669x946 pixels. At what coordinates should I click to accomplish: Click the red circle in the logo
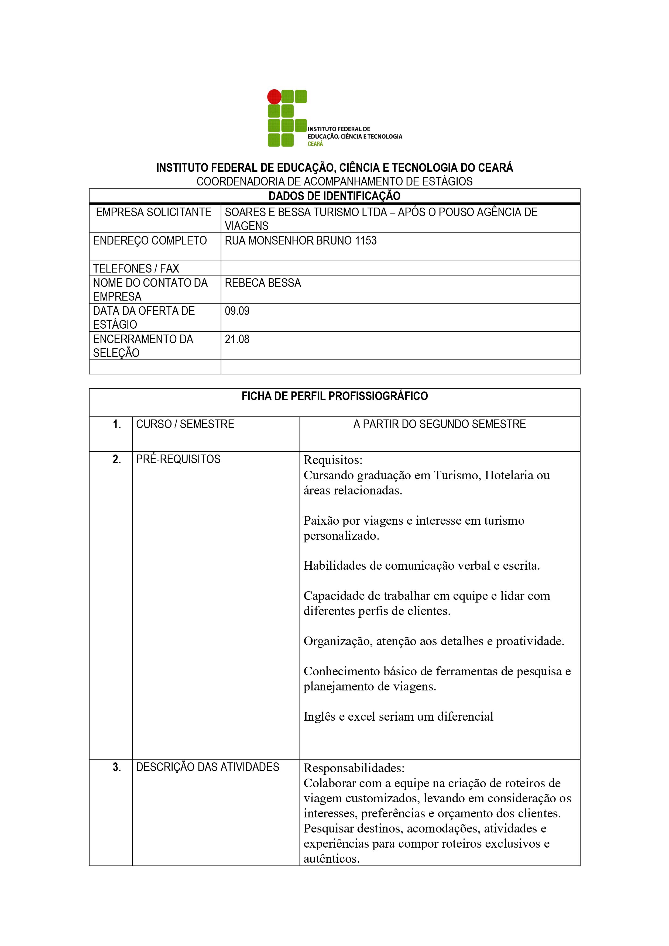click(274, 97)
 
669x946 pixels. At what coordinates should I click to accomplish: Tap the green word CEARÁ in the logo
click(315, 144)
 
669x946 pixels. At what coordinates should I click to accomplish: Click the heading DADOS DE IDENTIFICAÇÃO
click(334, 196)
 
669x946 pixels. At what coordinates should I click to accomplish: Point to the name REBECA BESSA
click(263, 283)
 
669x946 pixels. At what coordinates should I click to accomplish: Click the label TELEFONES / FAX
click(136, 269)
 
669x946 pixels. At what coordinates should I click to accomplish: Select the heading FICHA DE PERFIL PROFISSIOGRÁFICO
click(334, 396)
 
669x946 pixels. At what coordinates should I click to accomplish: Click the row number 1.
click(117, 424)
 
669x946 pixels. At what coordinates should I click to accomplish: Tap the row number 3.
click(117, 767)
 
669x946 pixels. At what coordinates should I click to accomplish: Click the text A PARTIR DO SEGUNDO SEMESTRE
click(440, 424)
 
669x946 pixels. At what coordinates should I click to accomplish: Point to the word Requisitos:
click(333, 460)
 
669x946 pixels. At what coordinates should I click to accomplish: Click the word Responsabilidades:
click(354, 768)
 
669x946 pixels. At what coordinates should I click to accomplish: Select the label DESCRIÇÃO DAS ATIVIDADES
click(207, 767)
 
